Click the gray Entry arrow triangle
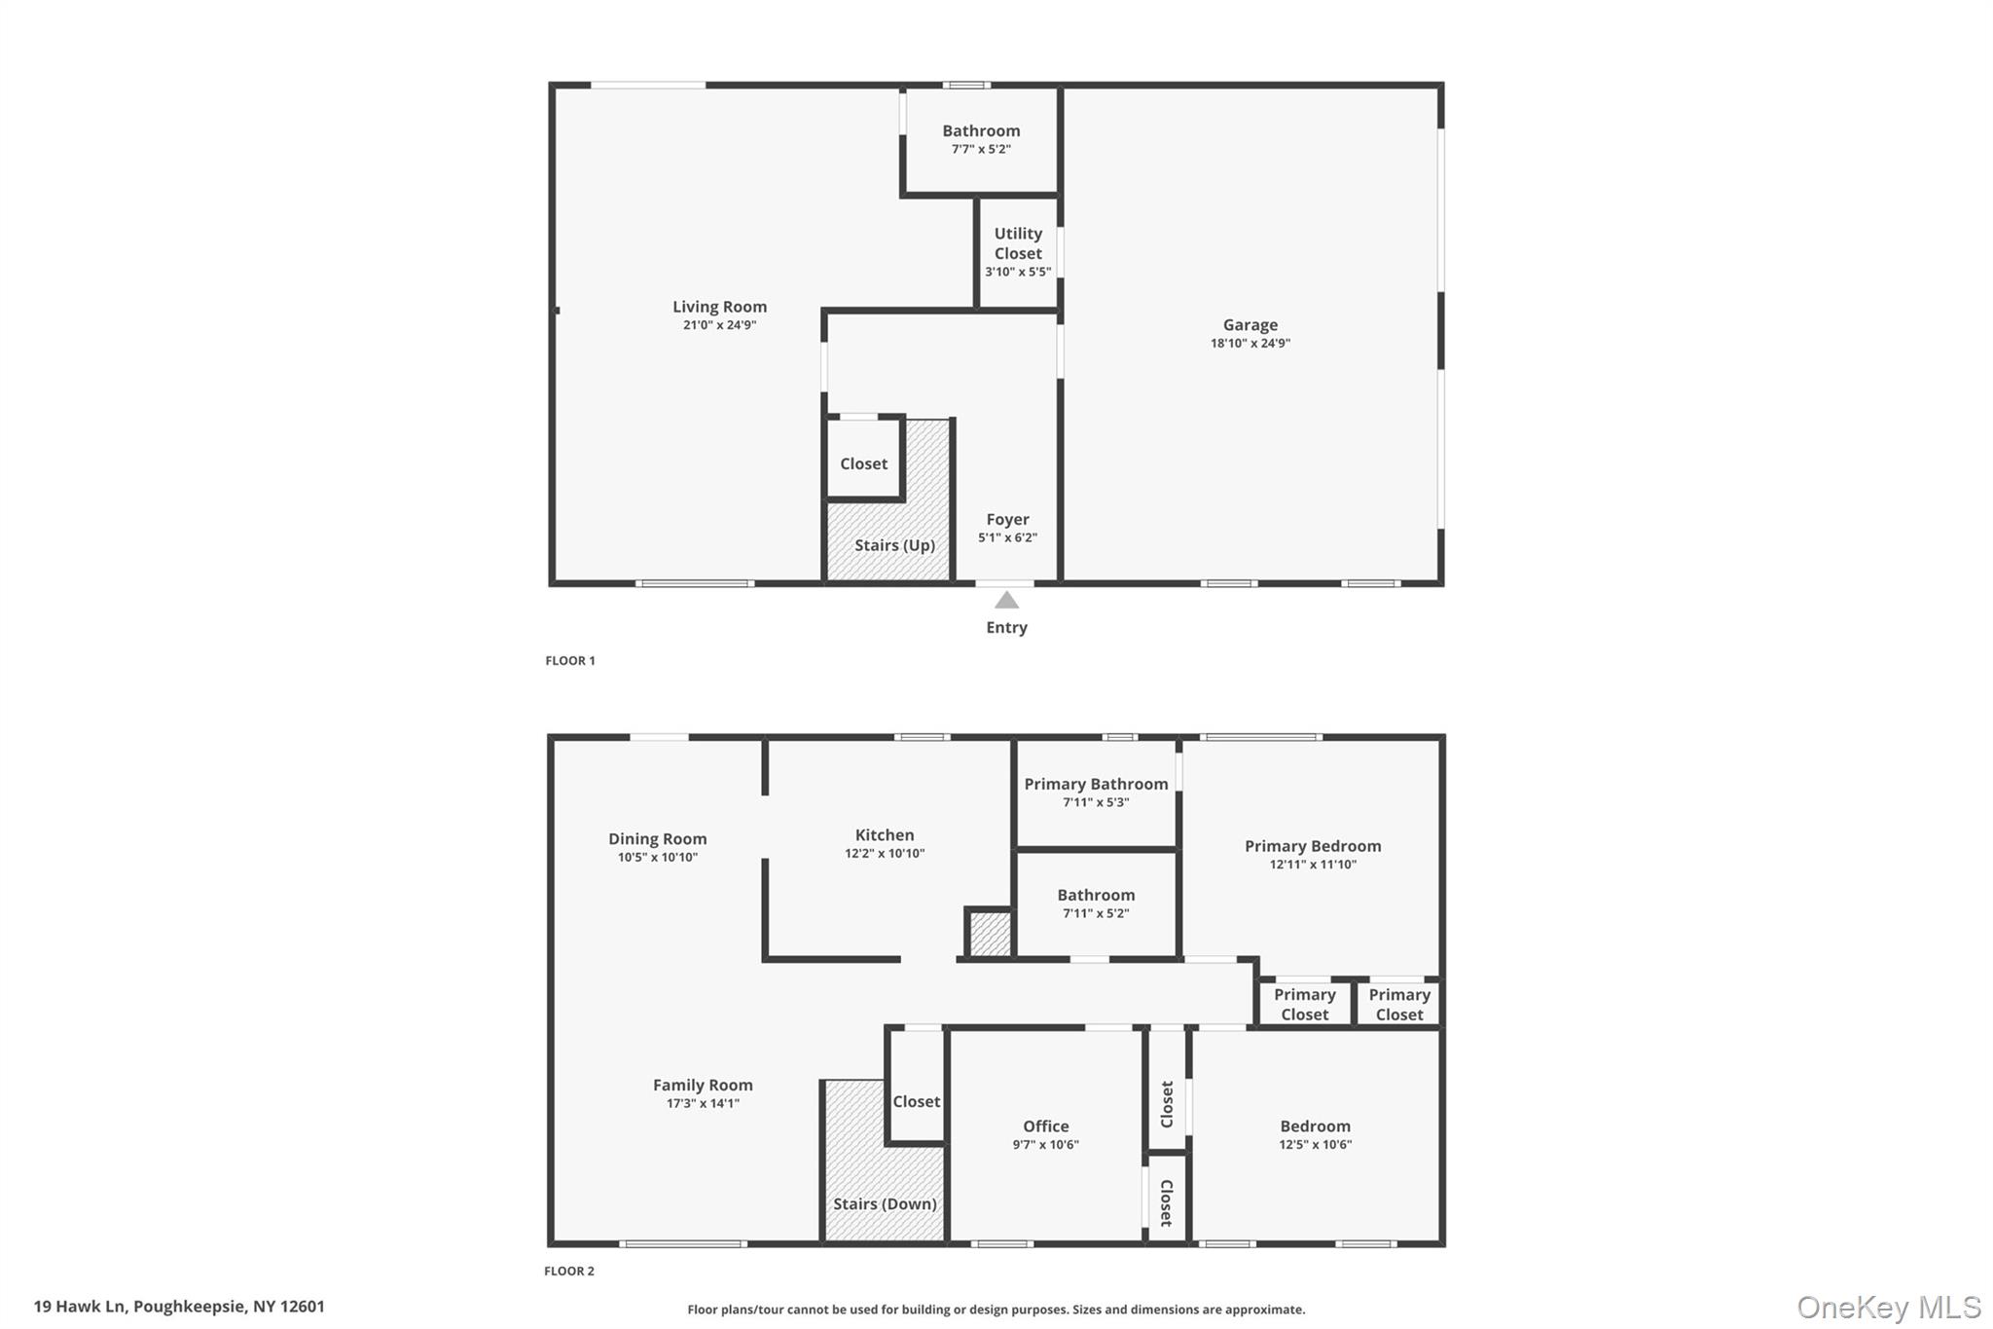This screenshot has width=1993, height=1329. coord(1006,601)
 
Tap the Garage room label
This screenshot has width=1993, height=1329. coord(1250,325)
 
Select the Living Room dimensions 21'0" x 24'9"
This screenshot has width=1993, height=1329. coord(719,325)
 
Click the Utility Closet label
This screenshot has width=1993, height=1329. coord(1018,243)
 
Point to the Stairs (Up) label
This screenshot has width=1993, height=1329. coord(894,545)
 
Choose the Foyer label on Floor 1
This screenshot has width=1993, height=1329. coord(1007,520)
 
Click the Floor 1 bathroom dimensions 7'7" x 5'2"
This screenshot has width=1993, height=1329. coord(981,149)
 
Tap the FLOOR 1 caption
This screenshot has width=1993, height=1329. coord(570,660)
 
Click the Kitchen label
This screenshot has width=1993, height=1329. coord(885,835)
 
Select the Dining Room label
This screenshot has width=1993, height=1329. coord(658,839)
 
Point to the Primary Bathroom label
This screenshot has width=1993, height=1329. coord(1096,785)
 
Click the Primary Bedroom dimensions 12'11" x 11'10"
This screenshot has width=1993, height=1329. coord(1313,865)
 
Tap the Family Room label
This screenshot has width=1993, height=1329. coord(703,1086)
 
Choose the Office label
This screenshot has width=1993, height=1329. coord(1045,1126)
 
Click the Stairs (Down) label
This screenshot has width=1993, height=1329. coord(885,1204)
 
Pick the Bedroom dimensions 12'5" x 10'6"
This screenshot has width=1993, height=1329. coord(1315,1145)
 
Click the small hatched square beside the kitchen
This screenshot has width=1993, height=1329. coord(990,933)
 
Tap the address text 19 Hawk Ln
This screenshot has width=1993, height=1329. coord(80,1307)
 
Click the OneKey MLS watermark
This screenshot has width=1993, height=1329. coord(1889,1307)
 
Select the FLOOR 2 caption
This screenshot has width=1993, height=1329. coord(569,1271)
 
